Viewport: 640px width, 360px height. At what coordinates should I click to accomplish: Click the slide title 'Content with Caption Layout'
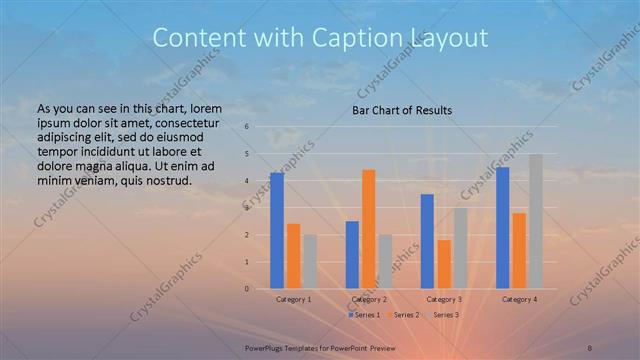pyautogui.click(x=320, y=38)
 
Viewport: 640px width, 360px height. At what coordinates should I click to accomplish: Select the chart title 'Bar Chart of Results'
pyautogui.click(x=402, y=110)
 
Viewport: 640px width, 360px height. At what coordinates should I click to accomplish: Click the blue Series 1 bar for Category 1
pyautogui.click(x=277, y=231)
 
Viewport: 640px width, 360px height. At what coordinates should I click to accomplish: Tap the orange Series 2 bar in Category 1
pyautogui.click(x=293, y=256)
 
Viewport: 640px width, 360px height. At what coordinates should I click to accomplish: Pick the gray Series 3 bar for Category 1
pyautogui.click(x=309, y=262)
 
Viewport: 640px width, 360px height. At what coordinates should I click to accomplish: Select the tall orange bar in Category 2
pyautogui.click(x=368, y=229)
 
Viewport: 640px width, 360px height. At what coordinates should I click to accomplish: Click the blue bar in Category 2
pyautogui.click(x=352, y=255)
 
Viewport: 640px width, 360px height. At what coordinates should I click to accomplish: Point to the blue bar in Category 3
pyautogui.click(x=427, y=242)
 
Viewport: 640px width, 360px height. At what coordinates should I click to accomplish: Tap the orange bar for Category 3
pyautogui.click(x=443, y=264)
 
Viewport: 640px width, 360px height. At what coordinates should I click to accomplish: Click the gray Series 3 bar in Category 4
pyautogui.click(x=536, y=222)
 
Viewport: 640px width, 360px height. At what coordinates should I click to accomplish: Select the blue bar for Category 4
pyautogui.click(x=503, y=228)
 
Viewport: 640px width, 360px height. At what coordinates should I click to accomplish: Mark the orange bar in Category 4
pyautogui.click(x=519, y=251)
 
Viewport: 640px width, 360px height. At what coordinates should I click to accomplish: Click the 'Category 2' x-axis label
pyautogui.click(x=368, y=299)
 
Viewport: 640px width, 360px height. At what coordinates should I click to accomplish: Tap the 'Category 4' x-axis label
pyautogui.click(x=519, y=299)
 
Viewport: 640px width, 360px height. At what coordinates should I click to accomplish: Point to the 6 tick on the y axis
pyautogui.click(x=247, y=127)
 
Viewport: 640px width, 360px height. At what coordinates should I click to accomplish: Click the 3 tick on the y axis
pyautogui.click(x=247, y=208)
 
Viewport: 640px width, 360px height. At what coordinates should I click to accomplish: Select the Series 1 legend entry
pyautogui.click(x=363, y=315)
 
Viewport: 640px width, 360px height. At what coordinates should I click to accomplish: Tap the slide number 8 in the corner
pyautogui.click(x=589, y=346)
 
